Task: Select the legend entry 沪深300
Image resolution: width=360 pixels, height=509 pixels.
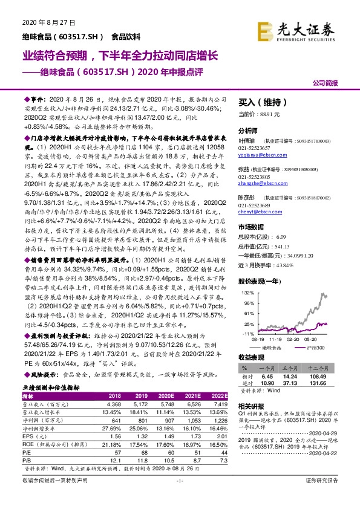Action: pyautogui.click(x=313, y=348)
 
